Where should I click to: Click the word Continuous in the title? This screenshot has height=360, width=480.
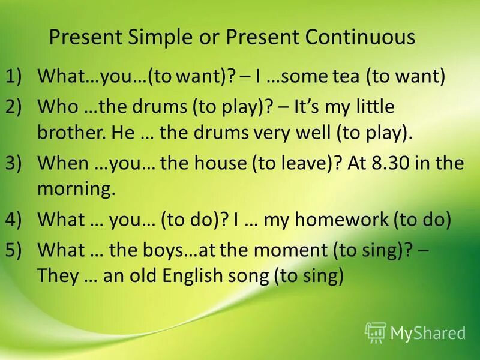(360, 37)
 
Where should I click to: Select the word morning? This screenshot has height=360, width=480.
(76, 190)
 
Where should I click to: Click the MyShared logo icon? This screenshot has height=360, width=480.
(376, 332)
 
